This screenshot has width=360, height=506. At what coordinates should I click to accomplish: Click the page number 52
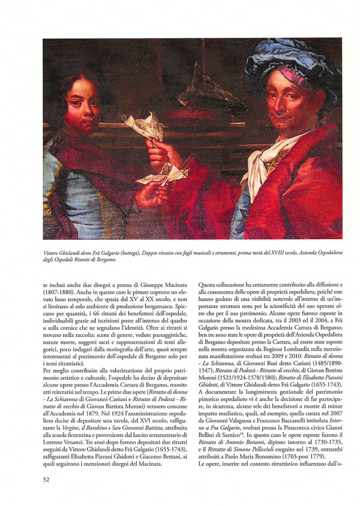click(x=46, y=478)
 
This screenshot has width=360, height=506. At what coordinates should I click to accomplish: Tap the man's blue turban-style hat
click(x=288, y=60)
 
